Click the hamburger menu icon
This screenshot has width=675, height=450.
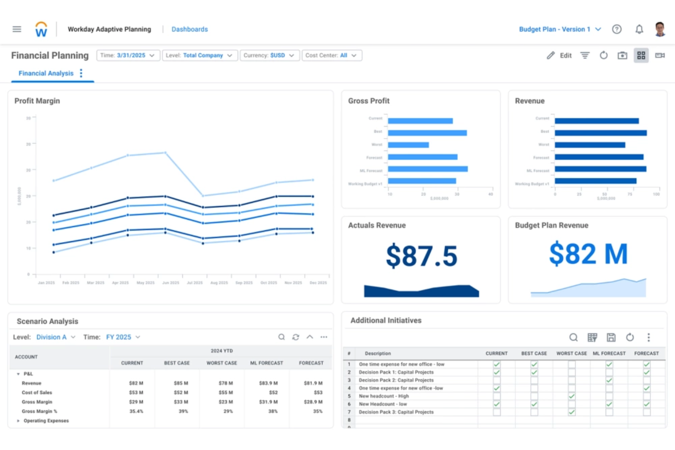pos(17,29)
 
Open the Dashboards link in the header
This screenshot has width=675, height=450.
pos(189,29)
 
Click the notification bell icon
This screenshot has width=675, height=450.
pos(639,29)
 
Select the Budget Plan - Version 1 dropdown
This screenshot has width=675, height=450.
pos(560,29)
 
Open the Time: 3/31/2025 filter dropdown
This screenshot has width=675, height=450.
pos(128,55)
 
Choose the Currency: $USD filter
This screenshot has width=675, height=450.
pos(269,55)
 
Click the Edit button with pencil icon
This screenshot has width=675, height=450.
pos(559,55)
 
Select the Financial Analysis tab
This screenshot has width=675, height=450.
pos(46,73)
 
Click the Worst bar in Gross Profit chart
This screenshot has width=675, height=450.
pos(408,145)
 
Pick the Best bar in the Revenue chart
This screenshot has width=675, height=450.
pos(600,133)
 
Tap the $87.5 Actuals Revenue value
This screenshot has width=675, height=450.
pos(421,256)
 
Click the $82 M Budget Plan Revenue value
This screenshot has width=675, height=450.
pos(588,254)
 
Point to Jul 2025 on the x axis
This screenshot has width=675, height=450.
pos(195,283)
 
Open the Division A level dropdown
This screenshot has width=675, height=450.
pos(56,337)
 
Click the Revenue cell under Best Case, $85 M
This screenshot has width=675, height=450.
pos(181,383)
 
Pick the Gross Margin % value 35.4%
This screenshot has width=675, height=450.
pos(136,411)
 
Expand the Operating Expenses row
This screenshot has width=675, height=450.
pos(18,421)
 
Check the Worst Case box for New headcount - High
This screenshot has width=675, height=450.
pos(571,396)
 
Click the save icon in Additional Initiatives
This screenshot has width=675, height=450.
pos(611,337)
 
